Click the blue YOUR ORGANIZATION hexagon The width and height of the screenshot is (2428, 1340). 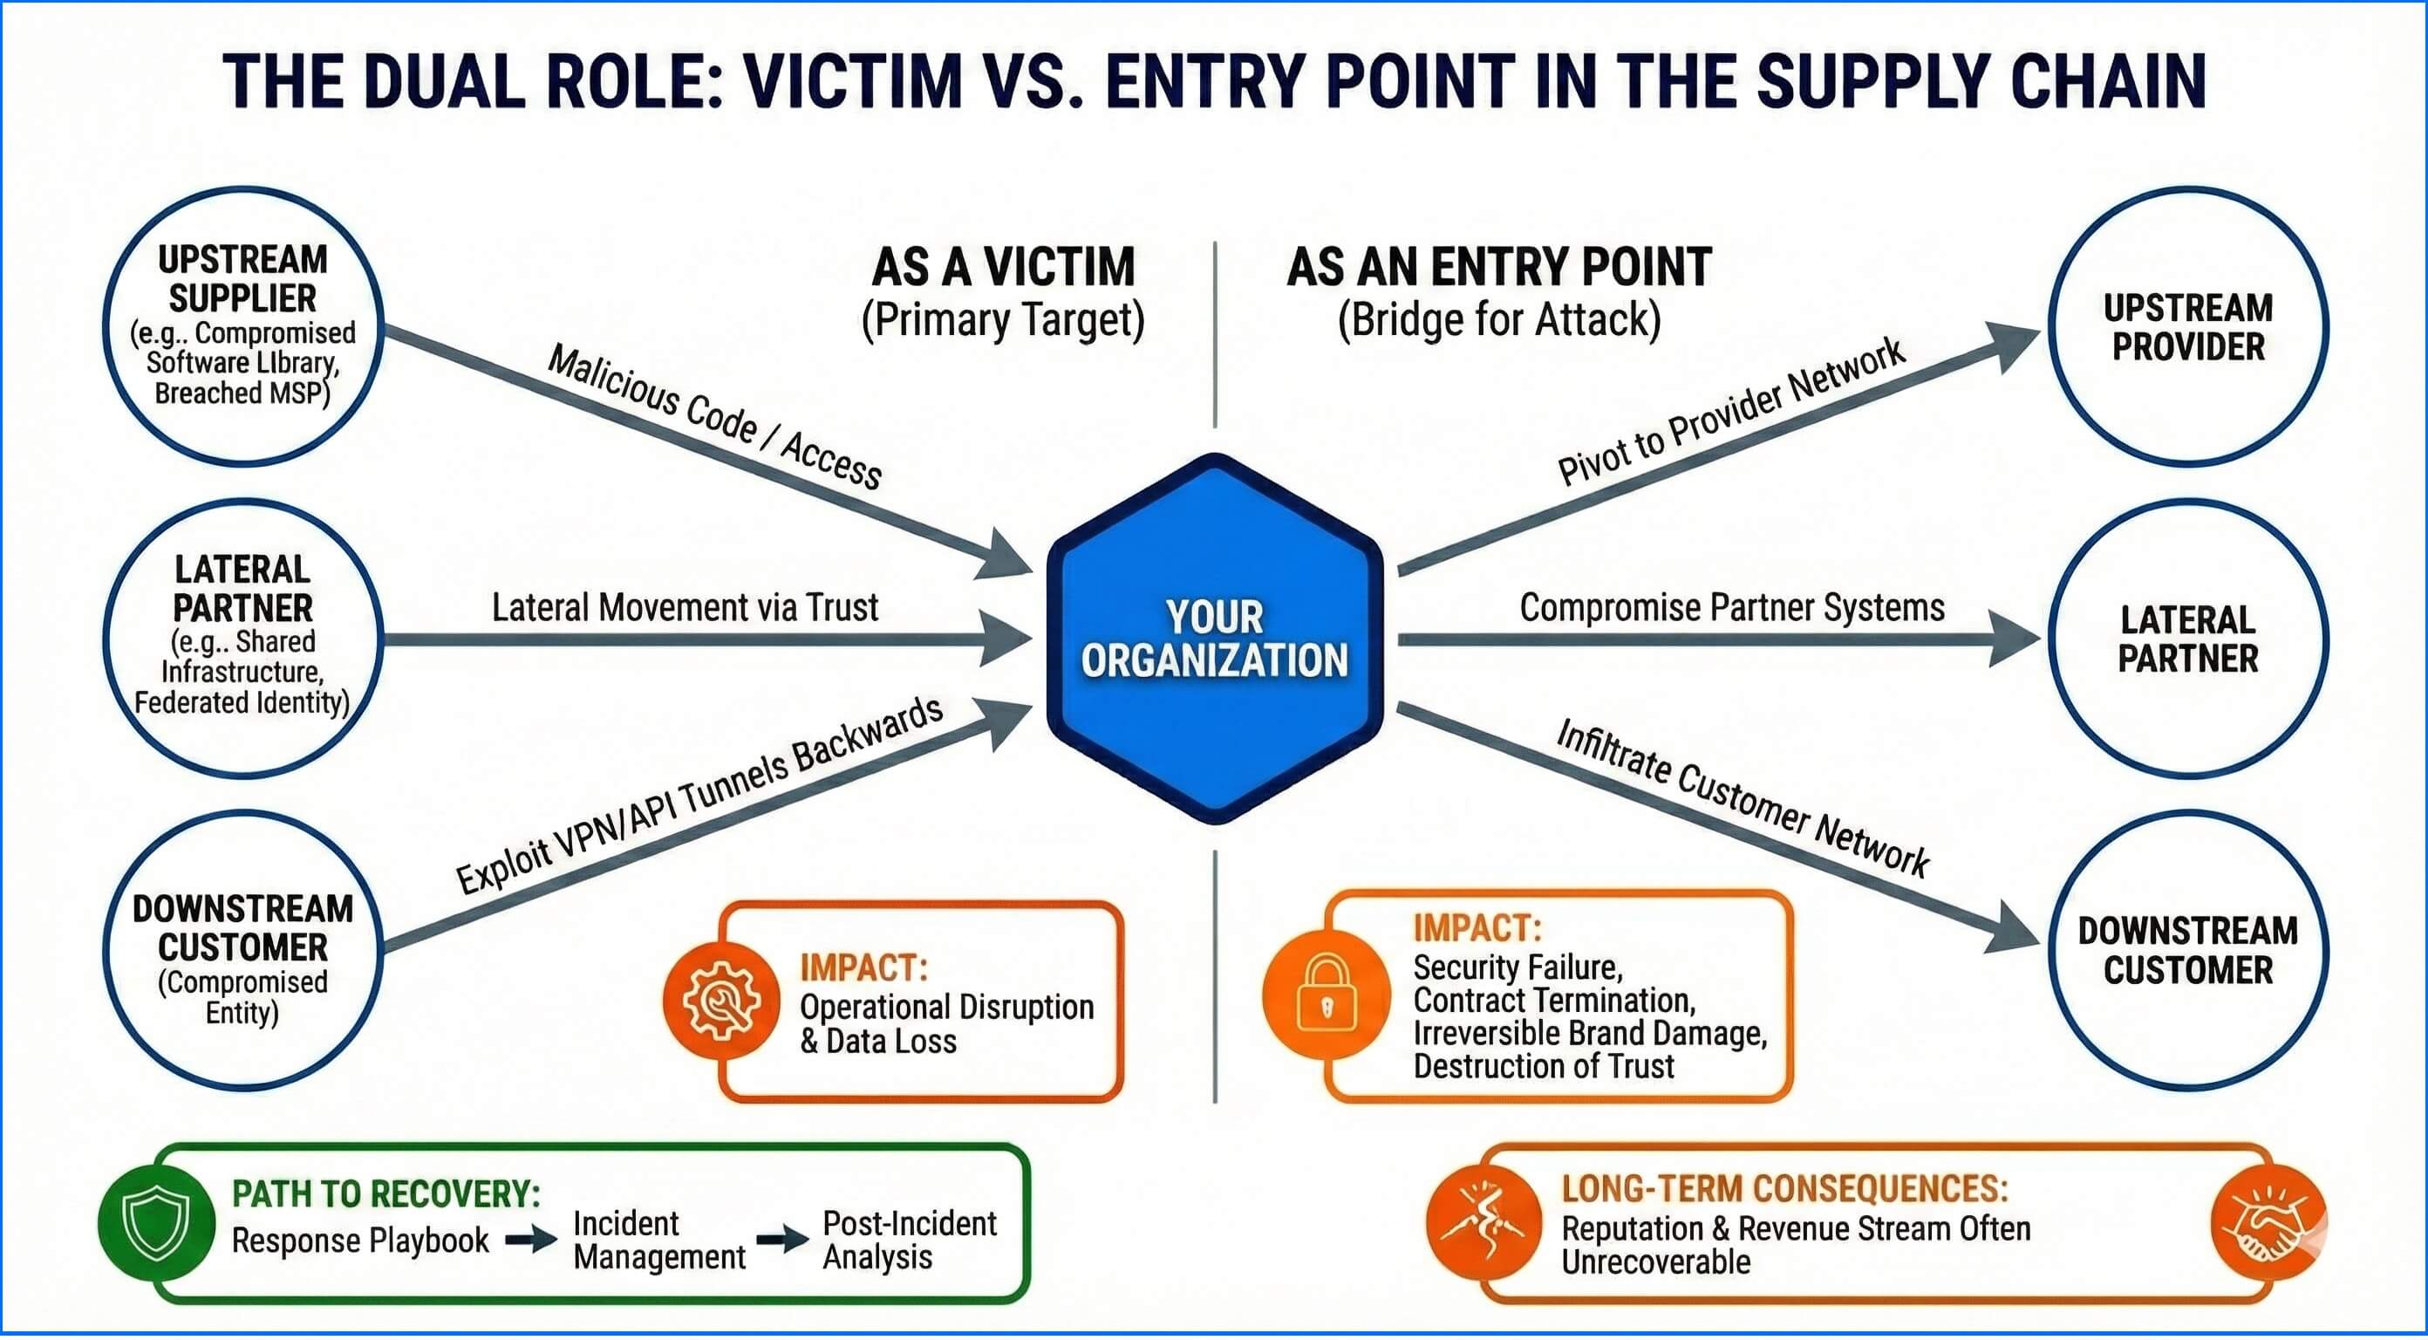1214,639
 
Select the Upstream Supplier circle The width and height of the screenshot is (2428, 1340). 243,325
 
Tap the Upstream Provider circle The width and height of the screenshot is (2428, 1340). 2186,326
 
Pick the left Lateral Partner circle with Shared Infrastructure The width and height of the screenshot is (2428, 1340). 243,639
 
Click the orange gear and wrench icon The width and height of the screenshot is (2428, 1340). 722,1002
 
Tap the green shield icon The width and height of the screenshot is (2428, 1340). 155,1223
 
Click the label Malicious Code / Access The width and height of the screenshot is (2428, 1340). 714,417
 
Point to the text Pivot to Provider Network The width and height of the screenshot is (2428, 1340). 1730,411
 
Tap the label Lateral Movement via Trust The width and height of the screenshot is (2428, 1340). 685,607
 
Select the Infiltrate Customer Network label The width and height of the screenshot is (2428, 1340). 1742,796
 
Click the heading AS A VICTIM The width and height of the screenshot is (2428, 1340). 1003,267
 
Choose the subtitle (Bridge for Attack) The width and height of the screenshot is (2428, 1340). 1498,319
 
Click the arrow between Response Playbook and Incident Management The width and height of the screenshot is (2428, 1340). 530,1239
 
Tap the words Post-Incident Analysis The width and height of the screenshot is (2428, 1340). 909,1239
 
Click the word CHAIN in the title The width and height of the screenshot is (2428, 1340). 2108,81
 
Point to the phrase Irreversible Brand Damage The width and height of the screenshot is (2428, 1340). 1589,1034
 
